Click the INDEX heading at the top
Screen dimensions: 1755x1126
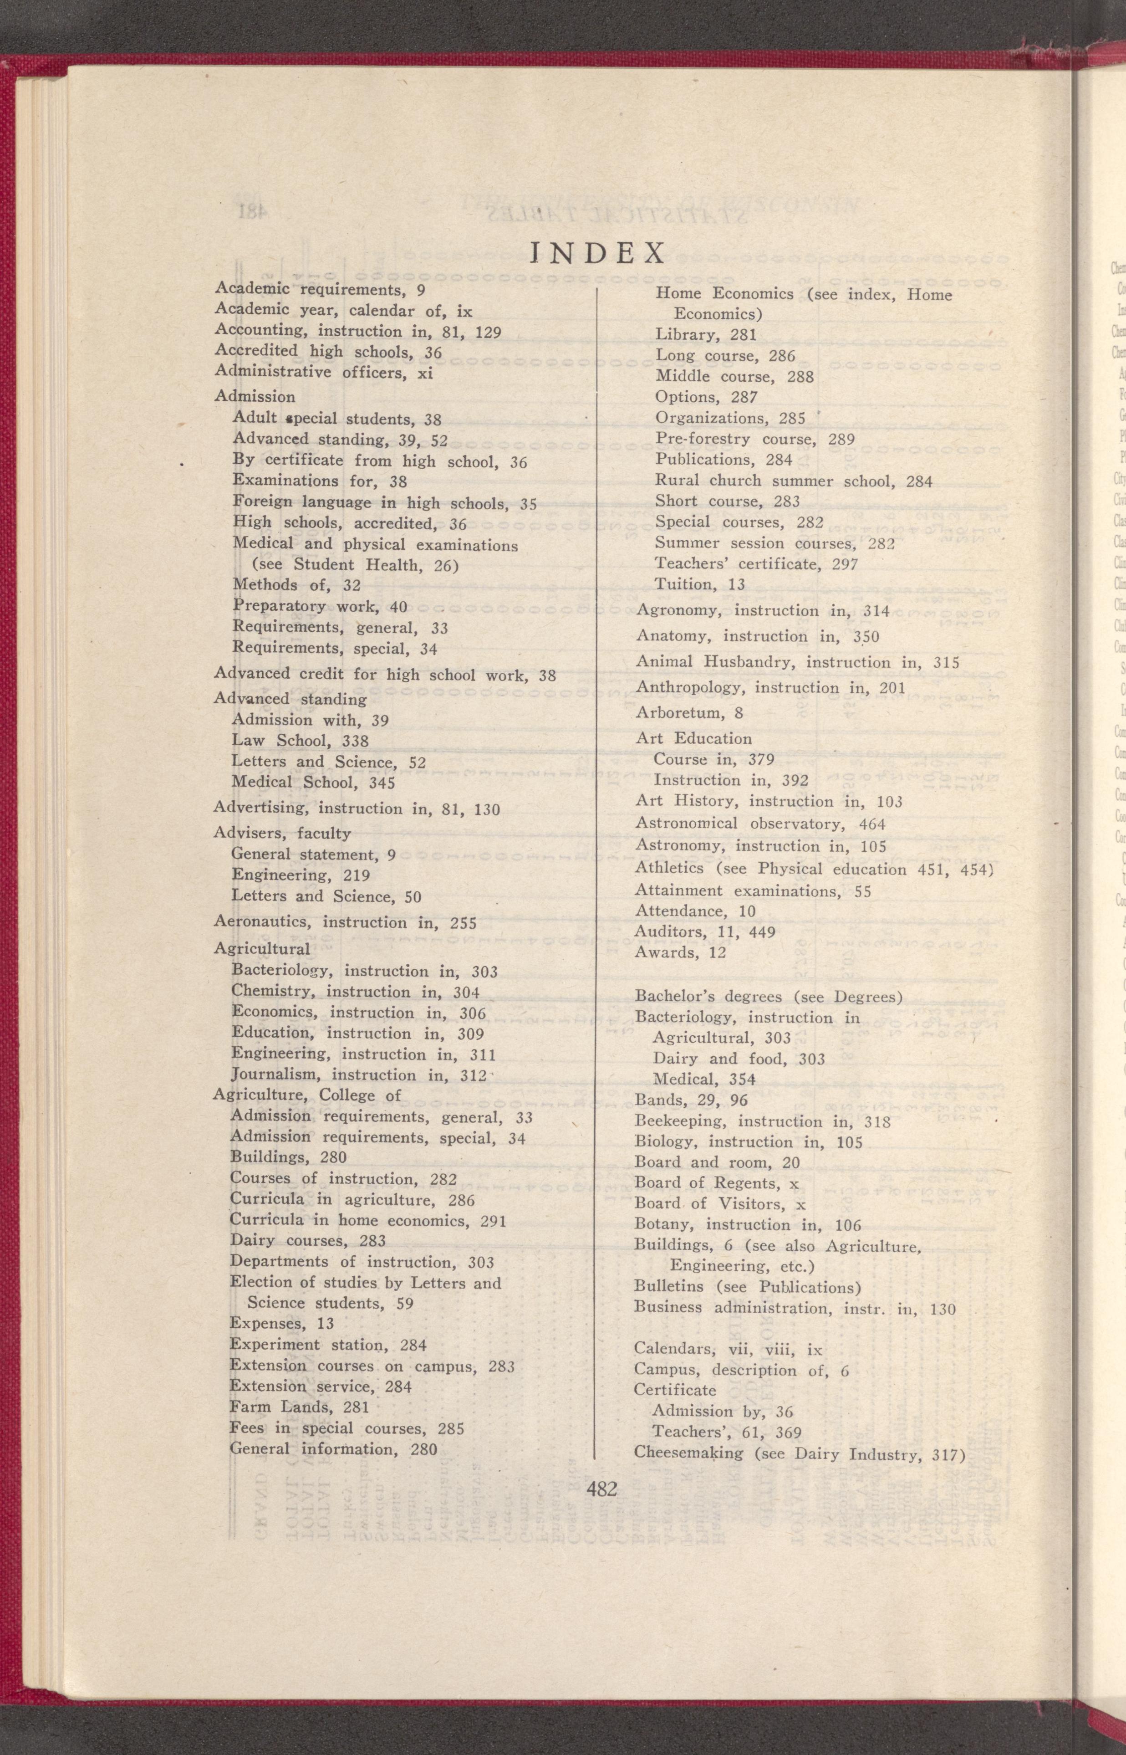[598, 252]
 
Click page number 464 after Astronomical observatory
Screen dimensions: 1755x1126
[871, 824]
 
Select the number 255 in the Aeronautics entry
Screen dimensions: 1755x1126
[463, 924]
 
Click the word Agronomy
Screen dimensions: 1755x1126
[679, 610]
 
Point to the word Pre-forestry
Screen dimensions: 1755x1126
[702, 439]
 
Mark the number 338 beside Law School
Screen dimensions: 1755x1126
[355, 741]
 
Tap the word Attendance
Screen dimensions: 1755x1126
[679, 911]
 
